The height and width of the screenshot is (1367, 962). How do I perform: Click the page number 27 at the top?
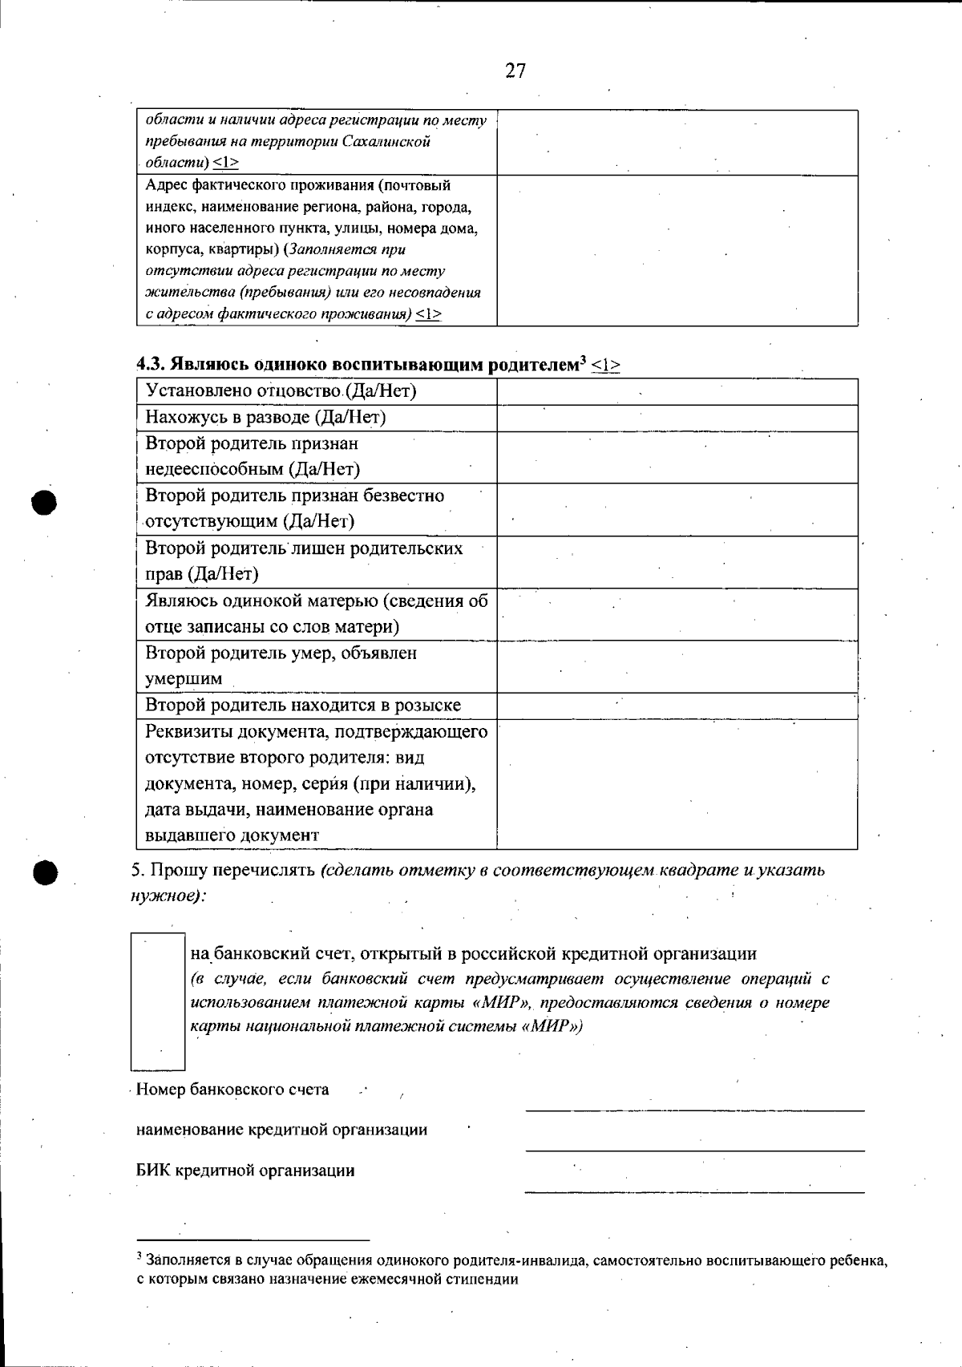(515, 71)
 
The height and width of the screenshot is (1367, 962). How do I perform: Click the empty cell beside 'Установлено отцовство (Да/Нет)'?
(677, 392)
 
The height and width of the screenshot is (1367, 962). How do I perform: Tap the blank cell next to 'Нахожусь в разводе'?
(677, 419)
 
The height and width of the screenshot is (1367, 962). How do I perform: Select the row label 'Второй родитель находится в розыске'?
(303, 706)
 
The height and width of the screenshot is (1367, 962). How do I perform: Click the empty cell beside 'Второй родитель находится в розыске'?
(677, 706)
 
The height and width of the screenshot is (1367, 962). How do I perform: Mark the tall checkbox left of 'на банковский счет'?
(158, 1001)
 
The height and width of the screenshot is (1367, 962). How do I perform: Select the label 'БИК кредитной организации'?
(245, 1171)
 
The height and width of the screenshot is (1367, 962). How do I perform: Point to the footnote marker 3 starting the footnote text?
(139, 1256)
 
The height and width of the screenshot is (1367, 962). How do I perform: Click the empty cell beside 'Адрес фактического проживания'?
(677, 250)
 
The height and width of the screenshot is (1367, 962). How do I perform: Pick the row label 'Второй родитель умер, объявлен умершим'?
(281, 665)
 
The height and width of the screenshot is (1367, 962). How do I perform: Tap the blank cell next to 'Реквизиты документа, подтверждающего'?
(677, 783)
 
